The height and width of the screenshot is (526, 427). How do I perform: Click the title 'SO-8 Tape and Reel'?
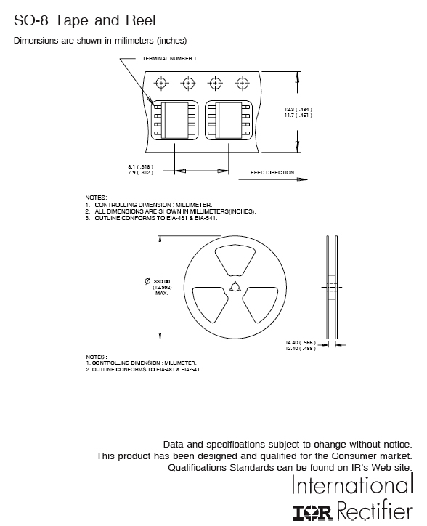tap(84, 20)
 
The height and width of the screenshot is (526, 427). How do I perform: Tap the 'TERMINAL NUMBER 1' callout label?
tap(169, 58)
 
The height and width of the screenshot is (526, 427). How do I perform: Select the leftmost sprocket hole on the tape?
tap(161, 83)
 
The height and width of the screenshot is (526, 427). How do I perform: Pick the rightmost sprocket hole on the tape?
tap(242, 83)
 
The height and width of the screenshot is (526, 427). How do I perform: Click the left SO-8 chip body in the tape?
tap(175, 121)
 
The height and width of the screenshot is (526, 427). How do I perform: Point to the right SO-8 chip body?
tap(229, 121)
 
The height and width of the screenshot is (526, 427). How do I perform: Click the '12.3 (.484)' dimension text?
tap(298, 110)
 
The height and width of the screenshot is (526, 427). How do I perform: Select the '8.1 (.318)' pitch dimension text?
tap(141, 166)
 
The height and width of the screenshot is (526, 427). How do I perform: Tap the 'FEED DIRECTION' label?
tap(272, 172)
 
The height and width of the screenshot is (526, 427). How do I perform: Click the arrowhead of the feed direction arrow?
tap(303, 179)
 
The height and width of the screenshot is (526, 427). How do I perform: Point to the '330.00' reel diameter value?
tap(162, 281)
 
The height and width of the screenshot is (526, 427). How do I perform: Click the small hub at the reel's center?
tap(235, 287)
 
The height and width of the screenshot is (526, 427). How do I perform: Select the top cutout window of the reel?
tap(235, 261)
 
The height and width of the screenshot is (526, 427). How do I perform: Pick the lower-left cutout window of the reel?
tap(211, 304)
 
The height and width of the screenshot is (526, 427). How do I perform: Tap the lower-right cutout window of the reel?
tap(260, 304)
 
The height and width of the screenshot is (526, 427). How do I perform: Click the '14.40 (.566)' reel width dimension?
tap(300, 342)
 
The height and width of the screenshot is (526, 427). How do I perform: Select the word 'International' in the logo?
tap(352, 484)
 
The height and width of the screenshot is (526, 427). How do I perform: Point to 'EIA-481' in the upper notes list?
tap(176, 218)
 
